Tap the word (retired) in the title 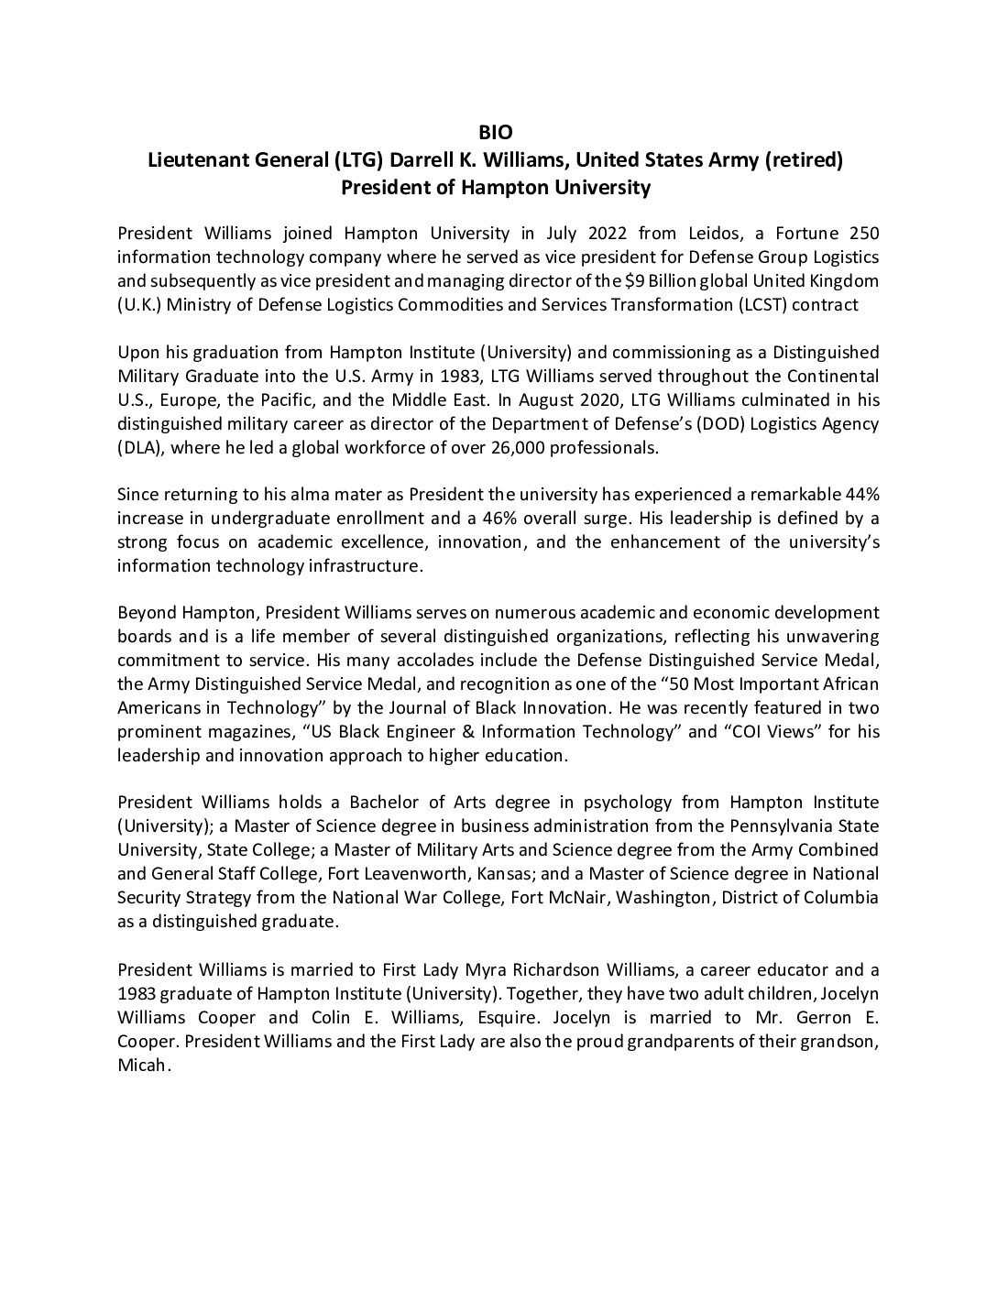(806, 160)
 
